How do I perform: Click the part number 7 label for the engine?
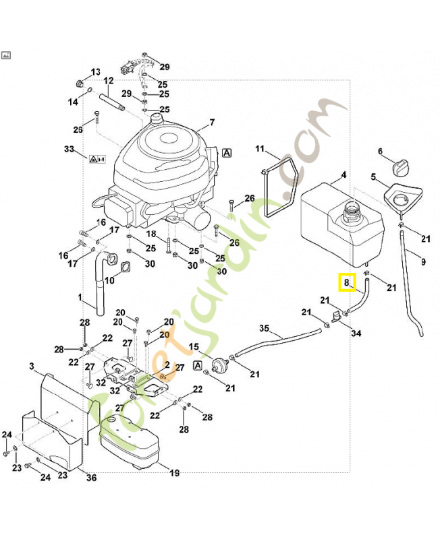(211, 123)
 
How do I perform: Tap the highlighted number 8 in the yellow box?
(347, 282)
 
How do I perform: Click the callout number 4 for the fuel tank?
(343, 175)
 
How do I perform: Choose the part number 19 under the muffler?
(174, 473)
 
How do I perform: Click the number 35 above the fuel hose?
(265, 328)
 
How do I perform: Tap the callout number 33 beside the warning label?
(68, 149)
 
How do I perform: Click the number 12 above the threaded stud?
(108, 81)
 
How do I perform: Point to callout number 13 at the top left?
(95, 72)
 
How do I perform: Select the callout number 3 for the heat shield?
(32, 366)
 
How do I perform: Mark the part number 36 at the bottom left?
(92, 478)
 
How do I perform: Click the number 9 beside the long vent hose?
(423, 261)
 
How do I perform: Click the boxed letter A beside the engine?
(227, 153)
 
